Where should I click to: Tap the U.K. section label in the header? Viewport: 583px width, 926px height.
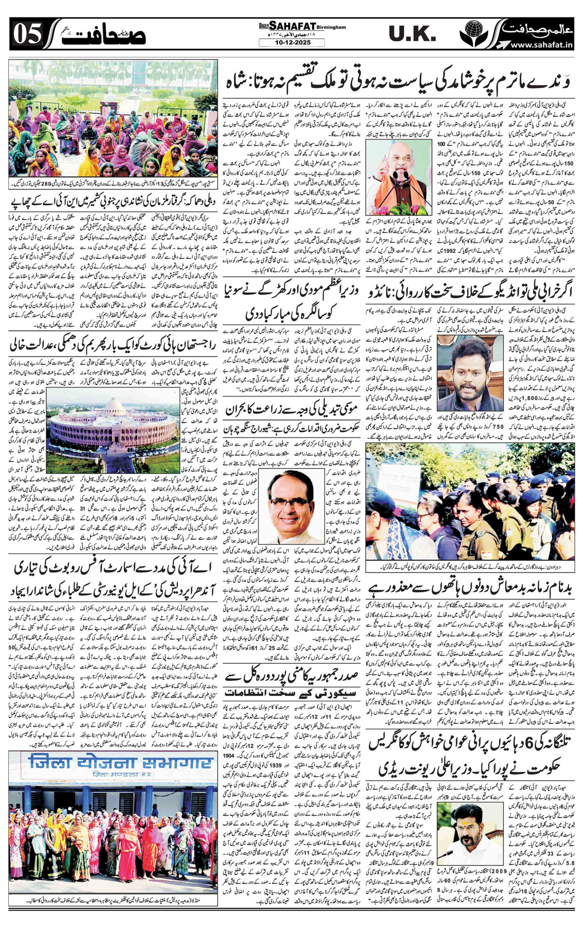coord(412,34)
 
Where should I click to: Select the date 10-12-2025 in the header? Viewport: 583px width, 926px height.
coord(291,43)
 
